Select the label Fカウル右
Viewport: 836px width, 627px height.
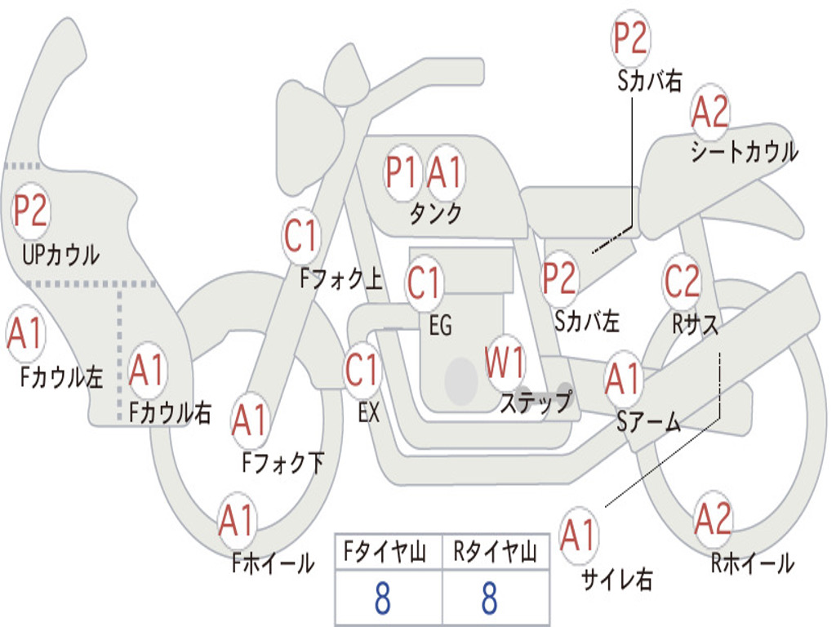tap(171, 412)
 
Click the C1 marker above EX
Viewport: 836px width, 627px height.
tap(362, 371)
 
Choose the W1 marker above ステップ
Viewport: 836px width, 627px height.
tap(505, 363)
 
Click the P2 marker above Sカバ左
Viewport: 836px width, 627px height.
tap(560, 278)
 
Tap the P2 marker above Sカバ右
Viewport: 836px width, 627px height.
tap(630, 38)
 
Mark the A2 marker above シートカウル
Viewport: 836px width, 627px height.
tap(709, 113)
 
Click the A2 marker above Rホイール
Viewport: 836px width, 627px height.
tap(713, 519)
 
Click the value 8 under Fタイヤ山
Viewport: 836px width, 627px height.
tap(382, 599)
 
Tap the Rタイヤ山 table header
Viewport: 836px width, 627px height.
tap(495, 554)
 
